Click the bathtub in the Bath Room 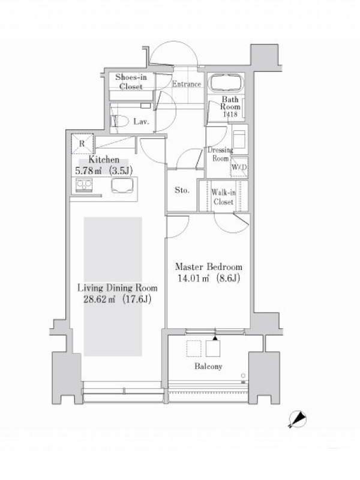(x=226, y=83)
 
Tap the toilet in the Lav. (x=120, y=121)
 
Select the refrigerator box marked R (x=82, y=143)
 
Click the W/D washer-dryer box (x=239, y=167)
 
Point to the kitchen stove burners (x=84, y=185)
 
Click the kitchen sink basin (x=122, y=185)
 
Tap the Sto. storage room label (x=182, y=190)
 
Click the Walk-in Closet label (x=223, y=197)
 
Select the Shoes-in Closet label (x=131, y=82)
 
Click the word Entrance (x=187, y=84)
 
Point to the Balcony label (x=208, y=366)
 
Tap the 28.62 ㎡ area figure (x=100, y=299)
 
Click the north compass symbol (x=298, y=418)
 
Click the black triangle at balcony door (x=215, y=338)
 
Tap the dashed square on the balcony (x=194, y=349)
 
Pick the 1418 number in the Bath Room (x=230, y=114)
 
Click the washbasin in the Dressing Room (x=239, y=139)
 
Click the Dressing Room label (x=220, y=154)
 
